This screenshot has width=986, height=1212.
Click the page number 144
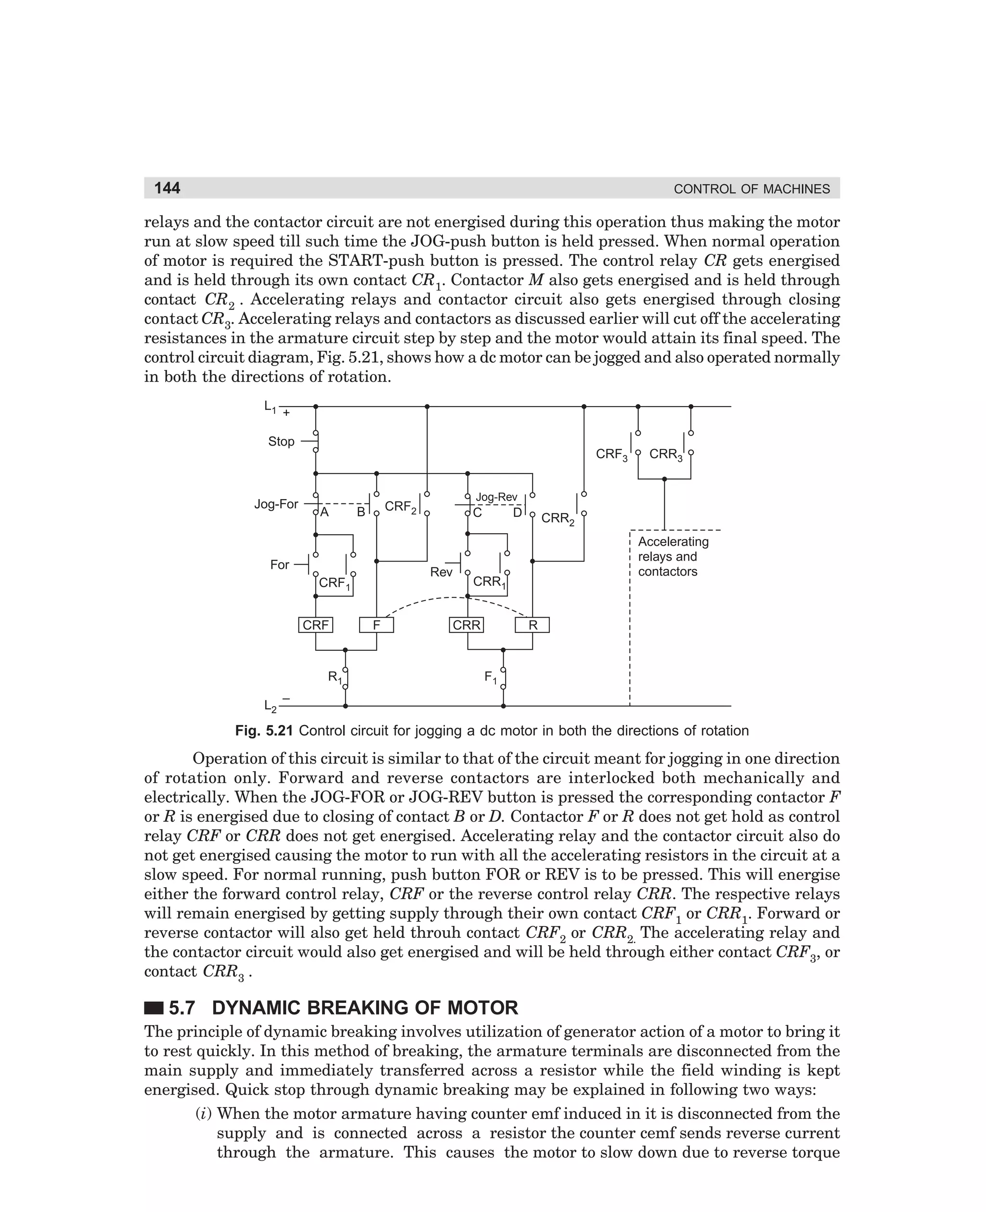tap(167, 188)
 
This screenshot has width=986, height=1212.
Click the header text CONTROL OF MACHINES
tap(752, 189)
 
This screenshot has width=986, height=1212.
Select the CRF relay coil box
tap(315, 625)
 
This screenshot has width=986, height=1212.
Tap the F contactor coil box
tap(376, 625)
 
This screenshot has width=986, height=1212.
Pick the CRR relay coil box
tap(467, 625)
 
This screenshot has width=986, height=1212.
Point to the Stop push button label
tap(281, 442)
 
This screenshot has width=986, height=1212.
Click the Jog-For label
tap(276, 504)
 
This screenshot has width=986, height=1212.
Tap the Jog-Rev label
tap(496, 497)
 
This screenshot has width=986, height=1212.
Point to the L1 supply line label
tap(271, 407)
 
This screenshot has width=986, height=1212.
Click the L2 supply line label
tap(271, 706)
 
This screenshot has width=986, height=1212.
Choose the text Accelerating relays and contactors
tap(673, 557)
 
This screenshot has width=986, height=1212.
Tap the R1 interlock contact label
tap(335, 677)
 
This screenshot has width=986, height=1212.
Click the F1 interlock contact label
tap(490, 677)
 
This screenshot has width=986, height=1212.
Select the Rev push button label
tap(441, 572)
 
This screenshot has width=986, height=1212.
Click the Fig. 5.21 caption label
tap(263, 731)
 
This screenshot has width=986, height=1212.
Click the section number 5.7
tap(182, 1008)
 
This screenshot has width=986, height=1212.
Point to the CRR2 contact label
tap(557, 519)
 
